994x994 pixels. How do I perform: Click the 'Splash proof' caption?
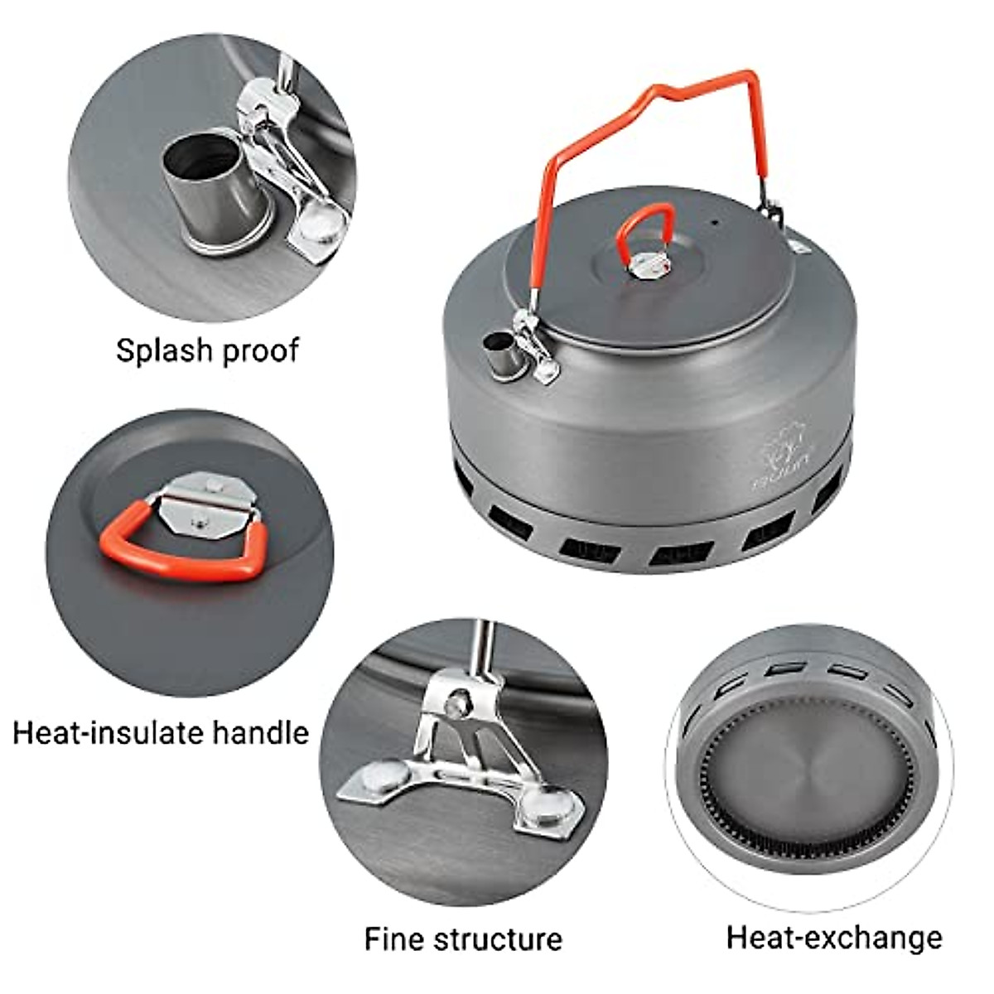coord(207,350)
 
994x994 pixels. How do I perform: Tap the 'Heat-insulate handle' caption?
coord(161,732)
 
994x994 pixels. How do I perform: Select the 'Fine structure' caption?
coord(463,939)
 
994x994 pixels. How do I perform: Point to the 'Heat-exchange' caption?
coord(834,937)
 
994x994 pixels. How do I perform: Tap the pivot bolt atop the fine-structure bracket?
coord(454,703)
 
